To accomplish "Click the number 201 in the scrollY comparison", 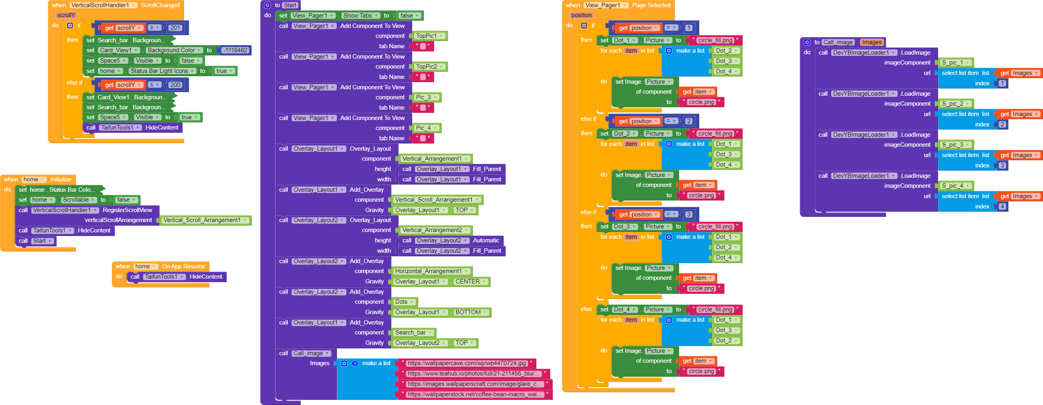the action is coord(175,28).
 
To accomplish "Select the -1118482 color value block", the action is coord(235,50).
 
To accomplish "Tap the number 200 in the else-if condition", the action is coord(175,85).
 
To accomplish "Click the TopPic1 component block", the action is coord(430,36).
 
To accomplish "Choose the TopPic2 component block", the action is coord(430,67).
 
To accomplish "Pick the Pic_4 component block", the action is coord(427,128).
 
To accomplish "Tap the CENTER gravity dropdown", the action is coord(470,281).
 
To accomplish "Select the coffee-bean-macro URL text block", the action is coord(474,394).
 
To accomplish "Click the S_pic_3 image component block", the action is coord(956,145).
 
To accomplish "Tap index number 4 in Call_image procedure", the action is coord(1002,206).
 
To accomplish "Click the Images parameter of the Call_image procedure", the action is coord(872,42).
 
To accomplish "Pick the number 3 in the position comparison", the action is coord(689,214).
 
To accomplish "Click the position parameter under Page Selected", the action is coord(581,16).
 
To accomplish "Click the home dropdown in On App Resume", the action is coord(145,266).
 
